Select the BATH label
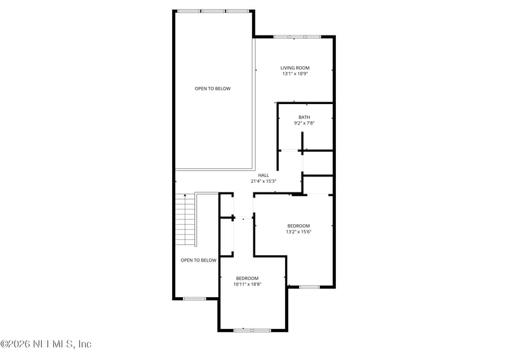[x=305, y=117]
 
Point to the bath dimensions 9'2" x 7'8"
[x=305, y=123]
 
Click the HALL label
[x=264, y=175]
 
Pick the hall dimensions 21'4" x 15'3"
[x=264, y=181]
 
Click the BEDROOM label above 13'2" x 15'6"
[x=298, y=226]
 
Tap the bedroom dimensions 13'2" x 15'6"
[x=298, y=232]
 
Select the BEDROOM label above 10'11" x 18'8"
[x=247, y=278]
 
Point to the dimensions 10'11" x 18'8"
[x=247, y=284]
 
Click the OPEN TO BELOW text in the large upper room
[x=213, y=89]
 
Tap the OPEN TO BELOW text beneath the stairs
[x=198, y=260]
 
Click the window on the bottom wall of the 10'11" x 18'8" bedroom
[x=252, y=330]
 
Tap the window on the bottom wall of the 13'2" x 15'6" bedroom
[x=309, y=287]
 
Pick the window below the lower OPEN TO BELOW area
[x=194, y=298]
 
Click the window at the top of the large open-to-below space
[x=213, y=11]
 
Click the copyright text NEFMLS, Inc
[x=46, y=343]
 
